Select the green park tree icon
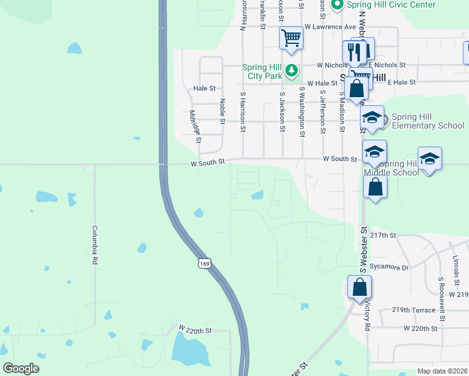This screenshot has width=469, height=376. pos(292,70)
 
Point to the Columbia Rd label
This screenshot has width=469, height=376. pos(95,244)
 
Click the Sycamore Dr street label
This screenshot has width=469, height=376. pos(389,267)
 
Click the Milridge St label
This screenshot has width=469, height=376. pos(194,126)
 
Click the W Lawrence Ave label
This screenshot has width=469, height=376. pos(330,27)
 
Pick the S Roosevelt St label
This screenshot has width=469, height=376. pos(441,295)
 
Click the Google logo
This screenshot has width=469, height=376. pos(21,368)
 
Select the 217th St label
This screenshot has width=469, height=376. pos(384,235)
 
